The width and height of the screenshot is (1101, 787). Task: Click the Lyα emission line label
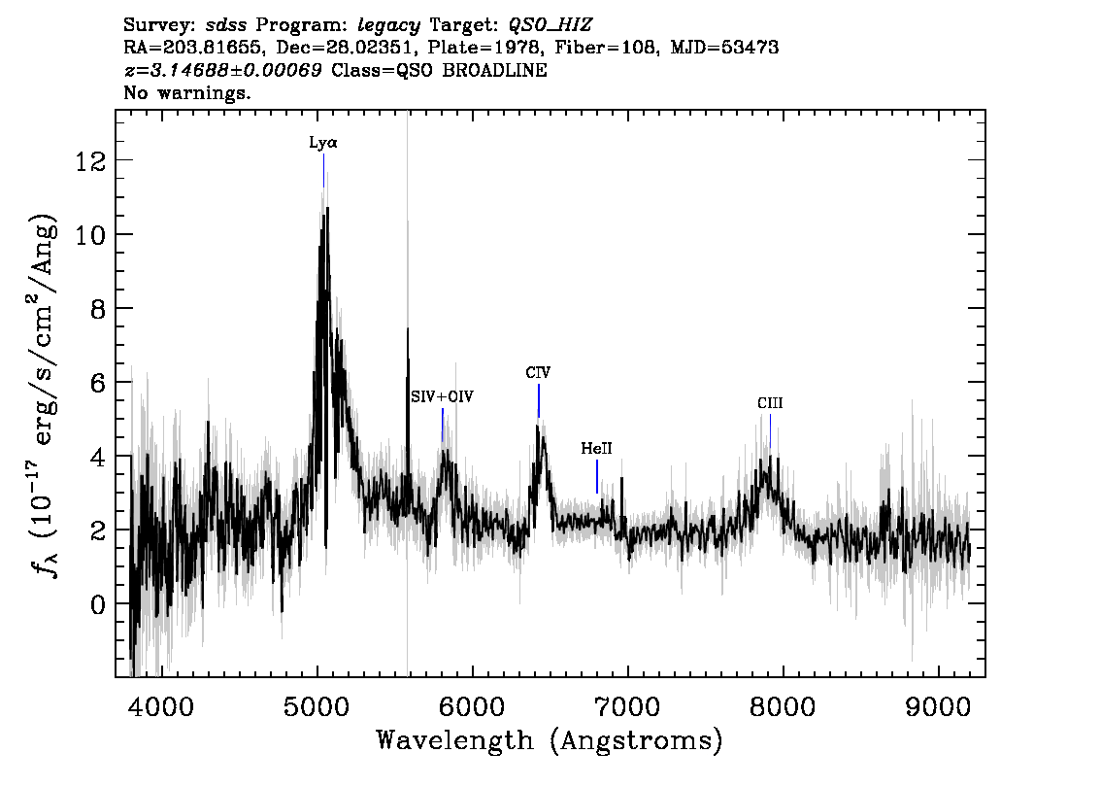click(323, 143)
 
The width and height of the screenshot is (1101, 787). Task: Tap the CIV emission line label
click(538, 372)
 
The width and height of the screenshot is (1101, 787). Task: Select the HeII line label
click(597, 448)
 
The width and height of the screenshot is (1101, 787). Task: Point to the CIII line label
click(770, 403)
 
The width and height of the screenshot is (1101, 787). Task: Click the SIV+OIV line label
click(443, 397)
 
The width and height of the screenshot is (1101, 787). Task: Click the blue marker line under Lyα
click(323, 171)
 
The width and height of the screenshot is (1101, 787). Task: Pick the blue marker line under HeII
click(597, 476)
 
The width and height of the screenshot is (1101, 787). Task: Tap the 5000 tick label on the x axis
click(317, 707)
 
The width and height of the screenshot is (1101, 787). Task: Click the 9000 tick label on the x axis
click(938, 707)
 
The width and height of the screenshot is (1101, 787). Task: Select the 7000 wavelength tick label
click(628, 707)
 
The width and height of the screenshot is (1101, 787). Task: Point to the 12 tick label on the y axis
click(90, 161)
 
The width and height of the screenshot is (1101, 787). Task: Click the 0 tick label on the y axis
click(99, 604)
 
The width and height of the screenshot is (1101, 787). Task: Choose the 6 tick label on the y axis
click(99, 383)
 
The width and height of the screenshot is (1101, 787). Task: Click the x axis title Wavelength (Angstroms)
click(550, 741)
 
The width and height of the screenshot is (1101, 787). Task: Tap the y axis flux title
click(44, 393)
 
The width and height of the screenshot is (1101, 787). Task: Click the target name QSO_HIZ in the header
click(550, 25)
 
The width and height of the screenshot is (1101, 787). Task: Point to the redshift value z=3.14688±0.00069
click(222, 70)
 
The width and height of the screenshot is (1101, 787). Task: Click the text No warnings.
click(186, 92)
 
